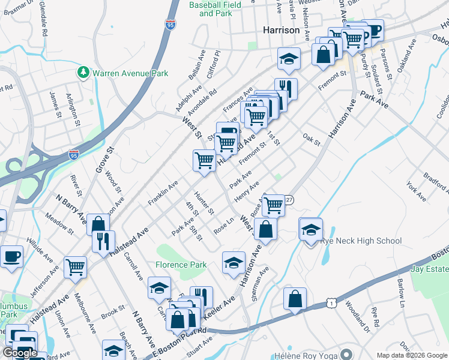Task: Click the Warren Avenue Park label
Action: click(130, 73)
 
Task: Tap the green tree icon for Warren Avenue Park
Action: click(83, 73)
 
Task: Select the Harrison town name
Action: click(281, 29)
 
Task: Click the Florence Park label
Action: click(181, 265)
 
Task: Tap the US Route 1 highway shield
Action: click(331, 305)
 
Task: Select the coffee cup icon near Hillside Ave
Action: click(11, 257)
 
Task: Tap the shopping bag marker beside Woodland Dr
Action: click(295, 299)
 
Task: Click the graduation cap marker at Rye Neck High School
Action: click(310, 230)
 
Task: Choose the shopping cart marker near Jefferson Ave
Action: click(75, 267)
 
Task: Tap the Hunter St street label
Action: click(204, 203)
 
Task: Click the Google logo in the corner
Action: click(20, 353)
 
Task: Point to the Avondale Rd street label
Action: click(201, 103)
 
